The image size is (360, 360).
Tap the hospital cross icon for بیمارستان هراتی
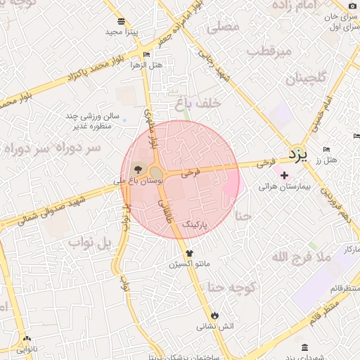[284, 175]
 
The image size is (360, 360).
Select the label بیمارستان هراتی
[279, 187]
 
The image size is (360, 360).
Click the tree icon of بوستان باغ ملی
[137, 169]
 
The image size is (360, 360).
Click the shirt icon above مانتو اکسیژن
[188, 253]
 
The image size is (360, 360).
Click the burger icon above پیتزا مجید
[122, 21]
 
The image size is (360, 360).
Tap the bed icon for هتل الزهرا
[146, 54]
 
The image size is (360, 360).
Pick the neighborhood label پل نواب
[90, 243]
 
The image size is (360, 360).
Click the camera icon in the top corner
[352, 6]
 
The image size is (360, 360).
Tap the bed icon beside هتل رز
[326, 149]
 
